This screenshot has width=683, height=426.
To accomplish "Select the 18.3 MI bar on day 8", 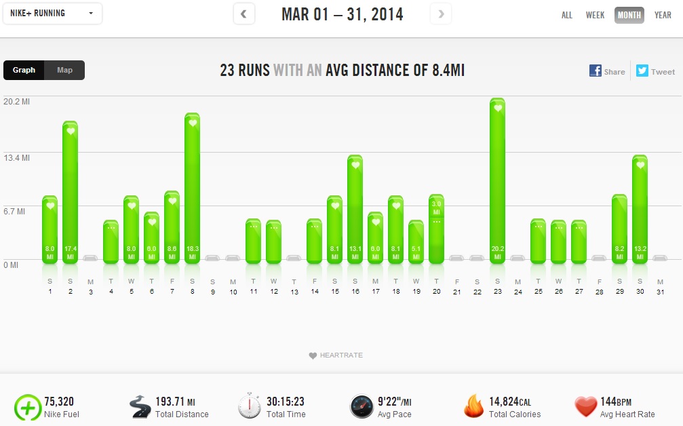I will [x=192, y=188].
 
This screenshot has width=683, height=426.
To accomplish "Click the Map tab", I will [x=64, y=70].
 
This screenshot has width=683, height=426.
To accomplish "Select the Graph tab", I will [x=24, y=70].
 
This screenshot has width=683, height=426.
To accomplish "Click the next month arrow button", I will [x=441, y=14].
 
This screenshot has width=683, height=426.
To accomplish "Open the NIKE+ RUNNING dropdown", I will [x=52, y=14].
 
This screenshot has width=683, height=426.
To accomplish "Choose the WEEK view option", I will [x=595, y=15].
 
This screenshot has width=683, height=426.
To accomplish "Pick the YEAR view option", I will [x=663, y=15].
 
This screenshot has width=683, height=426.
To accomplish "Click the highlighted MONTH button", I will [x=629, y=15].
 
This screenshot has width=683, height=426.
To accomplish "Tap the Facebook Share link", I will [x=607, y=71].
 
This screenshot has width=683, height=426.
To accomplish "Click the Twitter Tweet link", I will [x=655, y=71].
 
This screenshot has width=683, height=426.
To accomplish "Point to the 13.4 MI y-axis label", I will [x=17, y=158].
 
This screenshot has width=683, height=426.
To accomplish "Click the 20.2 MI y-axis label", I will [x=17, y=102].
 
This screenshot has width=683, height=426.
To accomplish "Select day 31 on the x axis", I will [x=660, y=292].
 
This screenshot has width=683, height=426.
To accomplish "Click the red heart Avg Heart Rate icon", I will [x=585, y=407].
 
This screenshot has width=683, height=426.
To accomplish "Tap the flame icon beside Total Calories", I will [x=473, y=406].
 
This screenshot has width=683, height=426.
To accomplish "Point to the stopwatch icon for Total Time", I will [x=250, y=406].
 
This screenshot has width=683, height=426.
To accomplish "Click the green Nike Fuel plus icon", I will [x=27, y=407].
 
